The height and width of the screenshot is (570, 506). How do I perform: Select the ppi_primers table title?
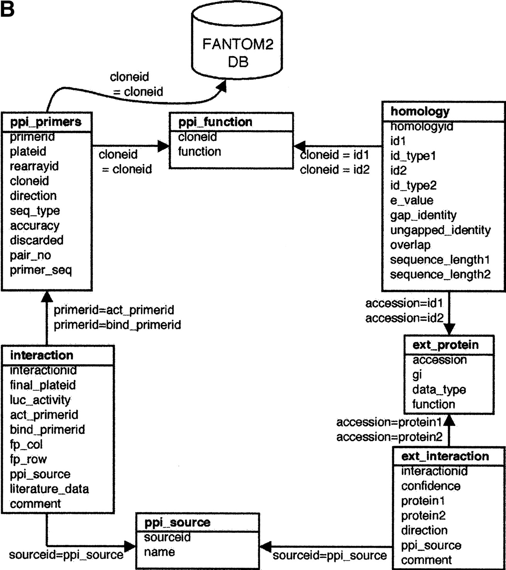[x=46, y=122]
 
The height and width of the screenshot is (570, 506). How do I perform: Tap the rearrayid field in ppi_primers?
[x=34, y=166]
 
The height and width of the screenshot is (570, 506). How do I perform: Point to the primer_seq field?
[x=41, y=270]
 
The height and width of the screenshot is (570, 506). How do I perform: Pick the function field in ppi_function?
[x=200, y=152]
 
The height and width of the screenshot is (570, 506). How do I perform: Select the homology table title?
[x=420, y=112]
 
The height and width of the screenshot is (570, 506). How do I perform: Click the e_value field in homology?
[x=411, y=200]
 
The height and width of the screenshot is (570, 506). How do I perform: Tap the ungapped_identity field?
[x=440, y=230]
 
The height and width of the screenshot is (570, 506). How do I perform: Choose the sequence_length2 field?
[x=440, y=274]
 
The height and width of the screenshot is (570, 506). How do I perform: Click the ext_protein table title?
[x=445, y=345]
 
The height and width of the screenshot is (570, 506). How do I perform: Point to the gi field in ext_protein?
[x=417, y=375]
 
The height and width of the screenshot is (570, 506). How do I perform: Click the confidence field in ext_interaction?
[x=431, y=486]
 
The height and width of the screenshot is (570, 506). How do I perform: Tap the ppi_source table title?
[x=177, y=523]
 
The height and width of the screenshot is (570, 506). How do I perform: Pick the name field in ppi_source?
[x=159, y=552]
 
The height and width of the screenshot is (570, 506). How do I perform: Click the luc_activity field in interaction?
[x=40, y=400]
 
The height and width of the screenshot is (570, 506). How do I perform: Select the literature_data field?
[x=49, y=489]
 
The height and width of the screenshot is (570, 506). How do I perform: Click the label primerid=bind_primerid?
[x=117, y=325]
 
